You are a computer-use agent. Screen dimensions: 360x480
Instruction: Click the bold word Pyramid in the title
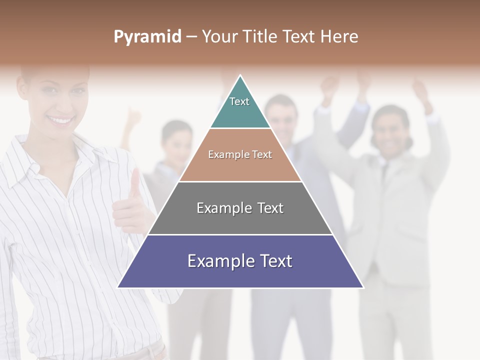[x=147, y=37]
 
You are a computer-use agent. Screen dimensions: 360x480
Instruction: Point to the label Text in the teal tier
[x=239, y=101]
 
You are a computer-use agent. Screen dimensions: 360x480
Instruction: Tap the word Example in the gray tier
[x=223, y=208]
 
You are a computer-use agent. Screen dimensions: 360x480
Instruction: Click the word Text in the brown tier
[x=261, y=154]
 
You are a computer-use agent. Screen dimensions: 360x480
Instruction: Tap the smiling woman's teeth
[x=61, y=120]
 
